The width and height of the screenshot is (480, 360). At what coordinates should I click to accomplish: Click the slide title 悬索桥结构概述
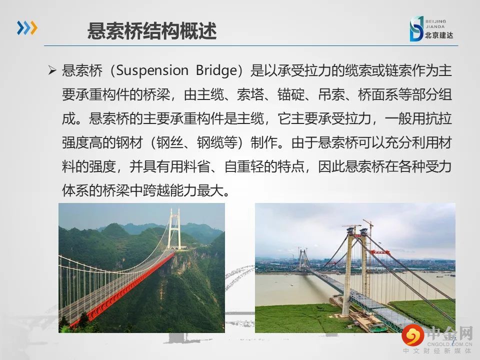(152, 31)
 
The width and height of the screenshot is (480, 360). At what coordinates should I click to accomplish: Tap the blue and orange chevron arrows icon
(27, 28)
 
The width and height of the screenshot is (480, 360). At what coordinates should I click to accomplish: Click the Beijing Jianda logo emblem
(416, 29)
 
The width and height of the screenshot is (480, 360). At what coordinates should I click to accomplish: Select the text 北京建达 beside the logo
(439, 35)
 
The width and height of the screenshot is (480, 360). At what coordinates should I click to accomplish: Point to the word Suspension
(152, 70)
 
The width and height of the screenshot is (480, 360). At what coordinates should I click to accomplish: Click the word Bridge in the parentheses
(216, 70)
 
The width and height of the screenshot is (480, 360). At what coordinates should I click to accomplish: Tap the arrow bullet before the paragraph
(52, 70)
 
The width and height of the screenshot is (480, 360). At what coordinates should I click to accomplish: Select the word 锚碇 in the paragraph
(291, 94)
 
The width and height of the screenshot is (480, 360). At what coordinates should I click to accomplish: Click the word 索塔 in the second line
(250, 94)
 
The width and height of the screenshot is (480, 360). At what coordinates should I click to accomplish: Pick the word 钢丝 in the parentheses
(169, 142)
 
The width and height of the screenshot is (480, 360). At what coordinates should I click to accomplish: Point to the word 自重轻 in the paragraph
(244, 166)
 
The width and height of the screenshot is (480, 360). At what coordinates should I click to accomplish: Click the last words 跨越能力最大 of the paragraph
(183, 190)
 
